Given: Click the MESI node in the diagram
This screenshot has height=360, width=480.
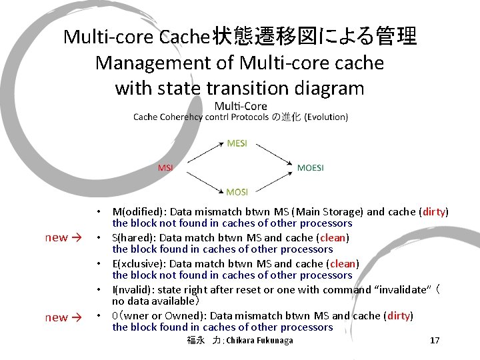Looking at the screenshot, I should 237,143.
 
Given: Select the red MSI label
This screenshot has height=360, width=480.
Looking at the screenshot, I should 165,167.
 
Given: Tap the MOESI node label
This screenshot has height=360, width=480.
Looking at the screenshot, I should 310,167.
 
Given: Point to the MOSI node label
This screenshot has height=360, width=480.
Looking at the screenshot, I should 237,192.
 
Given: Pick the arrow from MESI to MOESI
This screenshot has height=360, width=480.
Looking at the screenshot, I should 271,154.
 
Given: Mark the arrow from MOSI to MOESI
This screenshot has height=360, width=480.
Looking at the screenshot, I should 271,181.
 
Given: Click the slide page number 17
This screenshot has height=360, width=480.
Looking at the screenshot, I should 435,341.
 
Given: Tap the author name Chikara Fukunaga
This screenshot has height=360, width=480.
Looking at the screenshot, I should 259,341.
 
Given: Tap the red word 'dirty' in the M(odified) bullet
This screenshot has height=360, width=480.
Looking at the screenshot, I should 433,212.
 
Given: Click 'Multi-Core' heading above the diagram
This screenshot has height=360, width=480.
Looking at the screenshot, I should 241,106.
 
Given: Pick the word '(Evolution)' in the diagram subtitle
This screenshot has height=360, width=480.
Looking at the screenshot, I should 326,117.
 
